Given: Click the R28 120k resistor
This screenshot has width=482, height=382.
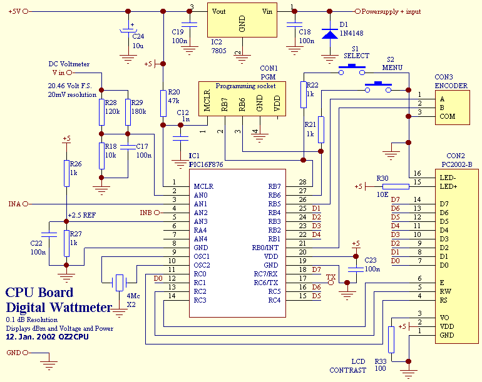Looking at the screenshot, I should tap(100, 112).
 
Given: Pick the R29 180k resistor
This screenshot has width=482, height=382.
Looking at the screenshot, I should tap(128, 112).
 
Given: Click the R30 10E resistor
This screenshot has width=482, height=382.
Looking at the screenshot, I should tap(395, 186).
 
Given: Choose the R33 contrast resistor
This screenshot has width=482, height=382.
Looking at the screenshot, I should tap(391, 339).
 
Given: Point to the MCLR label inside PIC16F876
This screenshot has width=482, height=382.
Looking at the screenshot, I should tap(204, 186).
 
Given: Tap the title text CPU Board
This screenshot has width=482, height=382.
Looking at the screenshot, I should tap(39, 293).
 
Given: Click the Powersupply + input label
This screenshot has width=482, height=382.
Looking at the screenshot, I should tap(391, 11).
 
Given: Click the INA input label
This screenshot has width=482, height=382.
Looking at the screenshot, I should tap(14, 204).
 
